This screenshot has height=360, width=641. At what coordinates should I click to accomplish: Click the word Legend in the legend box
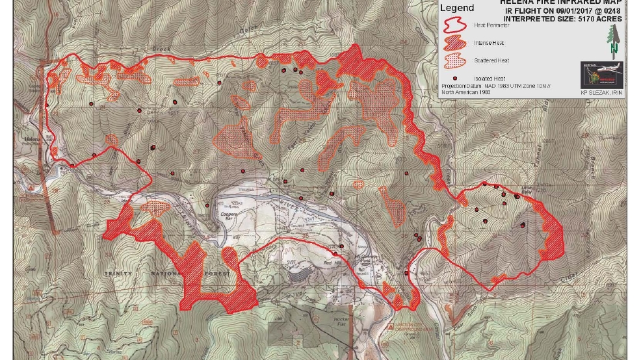tap(457, 8)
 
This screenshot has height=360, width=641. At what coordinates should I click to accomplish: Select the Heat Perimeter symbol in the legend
tap(454, 25)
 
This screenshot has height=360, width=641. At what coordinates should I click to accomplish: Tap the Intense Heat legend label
tap(489, 43)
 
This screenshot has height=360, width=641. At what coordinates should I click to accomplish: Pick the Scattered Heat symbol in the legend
tap(454, 60)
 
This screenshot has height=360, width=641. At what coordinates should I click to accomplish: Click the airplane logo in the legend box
tap(601, 75)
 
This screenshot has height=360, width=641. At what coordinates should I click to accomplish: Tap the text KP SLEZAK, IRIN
tap(601, 92)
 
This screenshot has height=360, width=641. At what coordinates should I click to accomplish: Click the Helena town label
tap(32, 139)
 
